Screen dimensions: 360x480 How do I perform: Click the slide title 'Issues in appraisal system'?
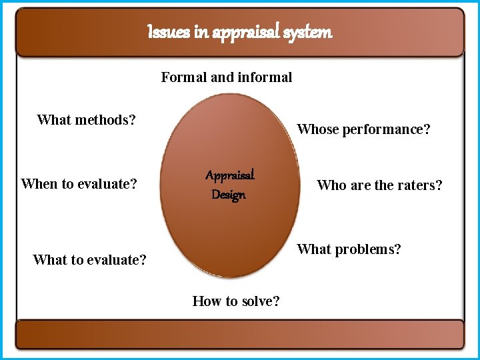coord(239,32)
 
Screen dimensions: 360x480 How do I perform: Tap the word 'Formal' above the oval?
coord(184,77)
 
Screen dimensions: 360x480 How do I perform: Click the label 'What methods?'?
coord(86,120)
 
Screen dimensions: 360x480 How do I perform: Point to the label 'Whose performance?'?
coord(363,129)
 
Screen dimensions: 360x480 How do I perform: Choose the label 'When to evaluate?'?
coord(79,183)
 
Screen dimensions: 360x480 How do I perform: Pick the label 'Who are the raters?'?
coord(379,185)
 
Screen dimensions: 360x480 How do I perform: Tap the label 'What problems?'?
coord(349,249)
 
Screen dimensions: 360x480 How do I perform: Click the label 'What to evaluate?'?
coord(89,260)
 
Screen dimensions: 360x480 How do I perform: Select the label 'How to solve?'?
coord(236,301)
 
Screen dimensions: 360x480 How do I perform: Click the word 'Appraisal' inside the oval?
coord(230,176)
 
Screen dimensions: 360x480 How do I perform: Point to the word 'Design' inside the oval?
coord(229,195)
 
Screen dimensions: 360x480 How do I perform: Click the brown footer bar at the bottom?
coord(239,334)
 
